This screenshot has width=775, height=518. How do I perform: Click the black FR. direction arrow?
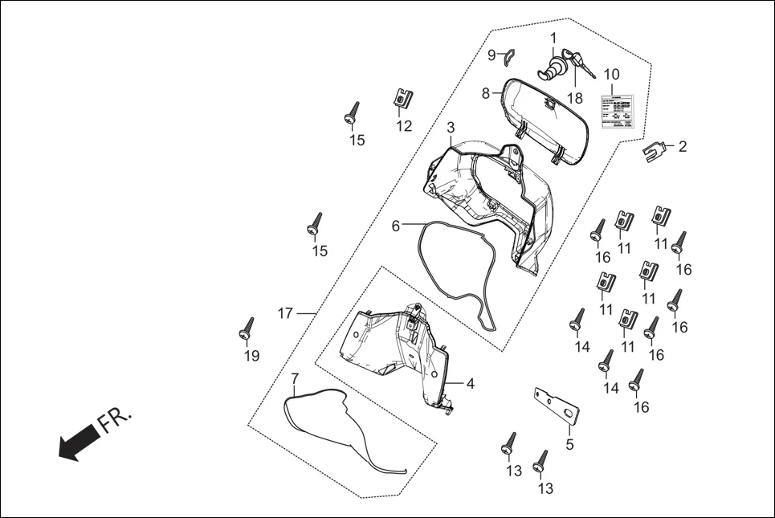(78, 443)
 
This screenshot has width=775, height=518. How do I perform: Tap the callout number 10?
(611, 75)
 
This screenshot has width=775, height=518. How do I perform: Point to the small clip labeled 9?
(506, 55)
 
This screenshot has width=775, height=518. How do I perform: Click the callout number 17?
(285, 313)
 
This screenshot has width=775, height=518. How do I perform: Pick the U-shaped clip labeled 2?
(657, 150)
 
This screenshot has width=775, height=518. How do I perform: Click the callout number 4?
(470, 384)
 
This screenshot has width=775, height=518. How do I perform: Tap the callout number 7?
(295, 377)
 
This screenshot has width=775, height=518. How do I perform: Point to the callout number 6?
(395, 226)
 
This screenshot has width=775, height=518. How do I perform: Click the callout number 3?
(451, 128)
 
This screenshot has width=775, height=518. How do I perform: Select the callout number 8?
(485, 93)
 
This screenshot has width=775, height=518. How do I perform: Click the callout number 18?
(574, 97)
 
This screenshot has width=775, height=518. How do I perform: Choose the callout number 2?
(682, 146)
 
